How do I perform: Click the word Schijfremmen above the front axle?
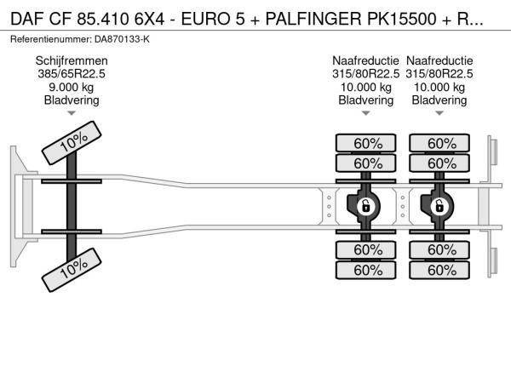[71, 60]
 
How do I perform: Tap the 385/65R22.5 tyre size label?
[71, 74]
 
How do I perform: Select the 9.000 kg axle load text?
[71, 87]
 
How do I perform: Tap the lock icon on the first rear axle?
[365, 206]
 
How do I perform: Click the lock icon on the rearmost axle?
[439, 206]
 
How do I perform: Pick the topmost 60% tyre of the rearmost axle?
[440, 143]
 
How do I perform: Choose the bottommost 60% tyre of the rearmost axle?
[440, 270]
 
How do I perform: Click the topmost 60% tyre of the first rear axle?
[366, 143]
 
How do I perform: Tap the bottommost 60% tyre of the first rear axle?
[366, 270]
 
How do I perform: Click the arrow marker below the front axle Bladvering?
[71, 113]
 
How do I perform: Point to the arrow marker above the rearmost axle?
[439, 113]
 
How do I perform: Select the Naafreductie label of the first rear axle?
[366, 60]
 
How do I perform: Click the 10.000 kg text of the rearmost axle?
[439, 87]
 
